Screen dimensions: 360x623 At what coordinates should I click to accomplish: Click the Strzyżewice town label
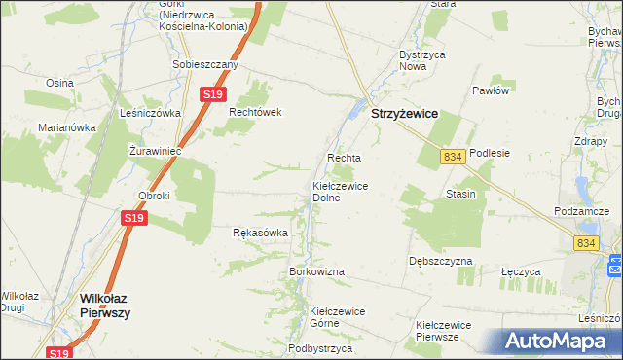click(x=404, y=113)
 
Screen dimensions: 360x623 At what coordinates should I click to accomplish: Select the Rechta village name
click(x=344, y=158)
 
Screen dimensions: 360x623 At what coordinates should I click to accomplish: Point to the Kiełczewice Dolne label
click(x=339, y=191)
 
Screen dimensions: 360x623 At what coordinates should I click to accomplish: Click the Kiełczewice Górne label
click(x=336, y=317)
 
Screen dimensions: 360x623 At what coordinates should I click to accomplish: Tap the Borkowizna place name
click(x=316, y=270)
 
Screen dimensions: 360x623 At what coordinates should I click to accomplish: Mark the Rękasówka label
click(x=260, y=234)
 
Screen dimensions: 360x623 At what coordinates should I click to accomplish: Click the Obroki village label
click(x=154, y=196)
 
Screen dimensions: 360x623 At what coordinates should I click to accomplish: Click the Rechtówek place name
click(x=255, y=112)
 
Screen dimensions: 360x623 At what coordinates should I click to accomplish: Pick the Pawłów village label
click(x=491, y=90)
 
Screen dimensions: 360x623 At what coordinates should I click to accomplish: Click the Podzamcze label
click(x=580, y=211)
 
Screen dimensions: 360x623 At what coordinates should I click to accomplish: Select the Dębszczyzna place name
click(x=440, y=262)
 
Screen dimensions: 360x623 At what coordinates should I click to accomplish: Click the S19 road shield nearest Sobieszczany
click(x=214, y=94)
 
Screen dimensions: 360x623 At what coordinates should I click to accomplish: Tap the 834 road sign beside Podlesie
click(x=451, y=156)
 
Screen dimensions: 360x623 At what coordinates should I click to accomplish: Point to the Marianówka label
click(x=66, y=126)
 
